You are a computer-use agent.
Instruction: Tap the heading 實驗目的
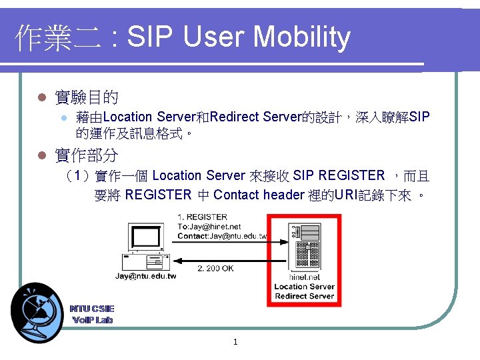(x=87, y=98)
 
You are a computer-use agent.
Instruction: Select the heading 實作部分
(x=87, y=156)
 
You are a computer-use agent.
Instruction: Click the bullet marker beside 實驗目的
(x=41, y=99)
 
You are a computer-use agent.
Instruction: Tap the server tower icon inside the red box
(x=304, y=247)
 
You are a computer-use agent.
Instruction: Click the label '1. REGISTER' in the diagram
(x=202, y=217)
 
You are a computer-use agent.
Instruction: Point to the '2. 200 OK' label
(x=215, y=269)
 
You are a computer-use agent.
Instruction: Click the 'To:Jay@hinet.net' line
(x=209, y=227)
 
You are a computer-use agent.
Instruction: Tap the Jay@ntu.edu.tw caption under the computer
(x=146, y=276)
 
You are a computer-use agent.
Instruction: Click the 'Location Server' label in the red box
(x=304, y=287)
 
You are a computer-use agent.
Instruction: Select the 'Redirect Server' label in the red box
(x=304, y=296)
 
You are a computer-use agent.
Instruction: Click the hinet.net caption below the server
(x=304, y=277)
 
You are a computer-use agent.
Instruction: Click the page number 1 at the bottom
(x=235, y=343)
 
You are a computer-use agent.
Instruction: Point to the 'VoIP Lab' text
(x=92, y=320)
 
